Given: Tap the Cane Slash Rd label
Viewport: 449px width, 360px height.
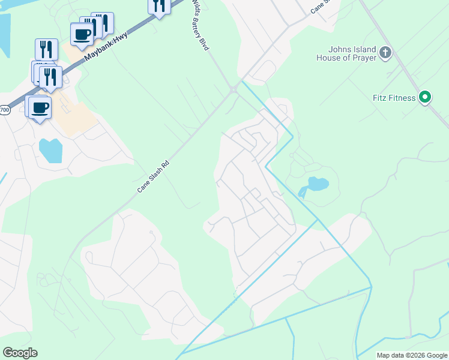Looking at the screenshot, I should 154,176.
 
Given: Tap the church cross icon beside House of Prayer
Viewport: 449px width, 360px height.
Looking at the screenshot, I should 385,53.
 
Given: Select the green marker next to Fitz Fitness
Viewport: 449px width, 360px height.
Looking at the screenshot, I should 425,97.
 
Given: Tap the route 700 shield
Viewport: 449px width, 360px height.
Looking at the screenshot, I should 4,110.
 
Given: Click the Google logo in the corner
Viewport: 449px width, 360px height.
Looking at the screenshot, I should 20,353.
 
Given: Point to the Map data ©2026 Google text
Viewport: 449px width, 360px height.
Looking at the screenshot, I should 412,355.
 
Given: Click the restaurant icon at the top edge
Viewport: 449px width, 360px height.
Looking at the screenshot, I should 158,6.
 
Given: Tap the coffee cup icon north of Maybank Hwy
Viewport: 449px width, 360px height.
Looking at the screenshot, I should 83,34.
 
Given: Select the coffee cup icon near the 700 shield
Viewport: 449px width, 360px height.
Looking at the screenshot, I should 40,108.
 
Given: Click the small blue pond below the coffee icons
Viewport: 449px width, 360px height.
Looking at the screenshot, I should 50,150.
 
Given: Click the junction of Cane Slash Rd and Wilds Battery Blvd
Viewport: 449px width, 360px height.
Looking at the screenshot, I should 232,90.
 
